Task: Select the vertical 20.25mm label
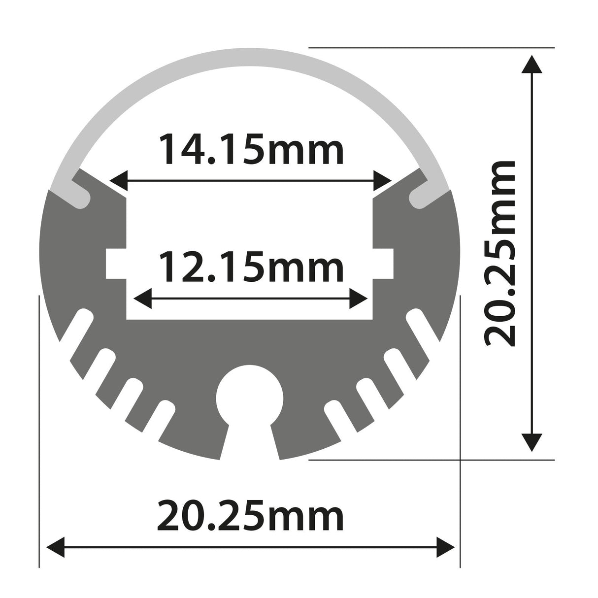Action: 499,253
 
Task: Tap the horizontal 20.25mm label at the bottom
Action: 250,516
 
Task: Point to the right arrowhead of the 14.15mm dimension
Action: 383,181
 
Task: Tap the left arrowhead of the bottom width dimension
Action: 56,547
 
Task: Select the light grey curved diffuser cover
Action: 250,62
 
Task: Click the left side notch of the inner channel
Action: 116,264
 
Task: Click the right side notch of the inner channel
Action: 383,264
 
